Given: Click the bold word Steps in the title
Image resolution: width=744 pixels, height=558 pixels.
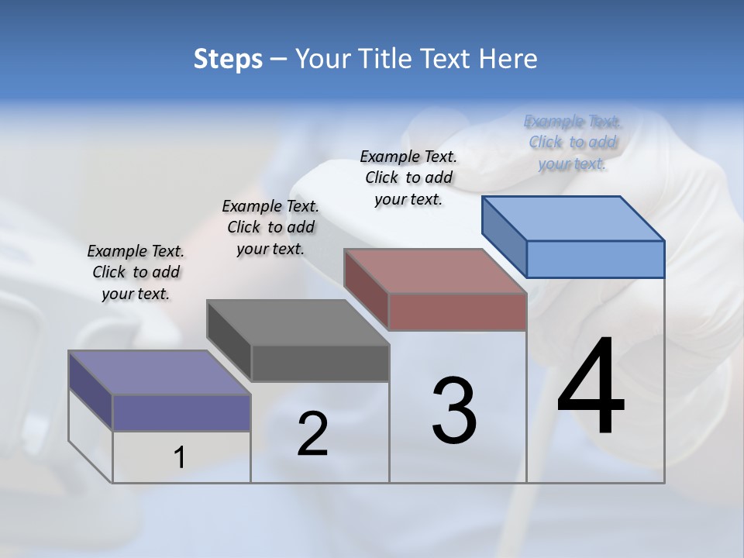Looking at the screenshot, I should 227,59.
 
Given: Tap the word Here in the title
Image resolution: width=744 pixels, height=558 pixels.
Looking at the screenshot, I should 509,59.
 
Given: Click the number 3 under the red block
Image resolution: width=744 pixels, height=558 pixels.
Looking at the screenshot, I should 454,410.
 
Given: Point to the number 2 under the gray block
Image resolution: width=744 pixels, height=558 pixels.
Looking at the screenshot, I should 312,434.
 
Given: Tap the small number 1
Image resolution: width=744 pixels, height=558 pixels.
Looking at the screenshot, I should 180,458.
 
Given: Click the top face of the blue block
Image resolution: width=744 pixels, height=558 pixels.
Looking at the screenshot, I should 573,218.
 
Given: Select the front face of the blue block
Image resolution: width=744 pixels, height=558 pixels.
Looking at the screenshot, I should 595,259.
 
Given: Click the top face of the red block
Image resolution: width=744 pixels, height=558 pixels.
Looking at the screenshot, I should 436,271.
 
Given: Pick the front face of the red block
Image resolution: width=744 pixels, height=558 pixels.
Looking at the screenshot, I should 457,312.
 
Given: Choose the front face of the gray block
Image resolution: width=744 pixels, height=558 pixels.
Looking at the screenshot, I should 319,363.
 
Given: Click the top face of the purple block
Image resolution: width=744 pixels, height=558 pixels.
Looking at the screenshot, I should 160,373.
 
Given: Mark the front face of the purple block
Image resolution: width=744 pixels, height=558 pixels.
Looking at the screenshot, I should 181,412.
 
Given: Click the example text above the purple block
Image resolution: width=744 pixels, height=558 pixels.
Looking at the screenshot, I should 136,272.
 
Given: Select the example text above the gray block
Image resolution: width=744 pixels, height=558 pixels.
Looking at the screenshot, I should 270,227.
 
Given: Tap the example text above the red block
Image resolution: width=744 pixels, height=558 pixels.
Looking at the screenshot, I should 408,177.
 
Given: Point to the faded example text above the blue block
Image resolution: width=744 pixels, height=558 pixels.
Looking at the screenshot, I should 573,142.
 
